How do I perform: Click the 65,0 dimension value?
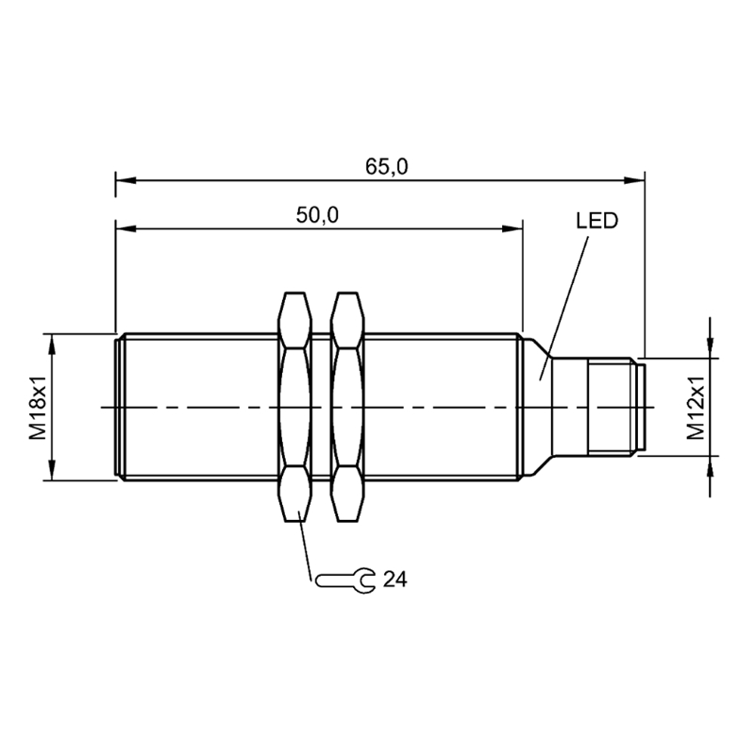[386, 167]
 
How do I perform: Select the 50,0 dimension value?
[317, 215]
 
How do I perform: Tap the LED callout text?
[597, 221]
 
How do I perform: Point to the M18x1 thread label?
[38, 408]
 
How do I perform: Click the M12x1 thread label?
[696, 408]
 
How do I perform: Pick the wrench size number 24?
[394, 579]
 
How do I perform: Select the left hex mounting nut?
[294, 407]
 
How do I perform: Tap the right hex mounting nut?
[347, 407]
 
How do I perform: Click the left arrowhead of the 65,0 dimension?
[126, 180]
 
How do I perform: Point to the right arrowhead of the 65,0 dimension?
[634, 180]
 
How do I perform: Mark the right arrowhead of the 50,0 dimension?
[512, 228]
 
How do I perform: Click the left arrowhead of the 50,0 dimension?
[126, 228]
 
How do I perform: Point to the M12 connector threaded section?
[610, 407]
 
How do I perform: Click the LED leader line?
[563, 309]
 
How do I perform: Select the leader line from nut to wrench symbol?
[306, 545]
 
